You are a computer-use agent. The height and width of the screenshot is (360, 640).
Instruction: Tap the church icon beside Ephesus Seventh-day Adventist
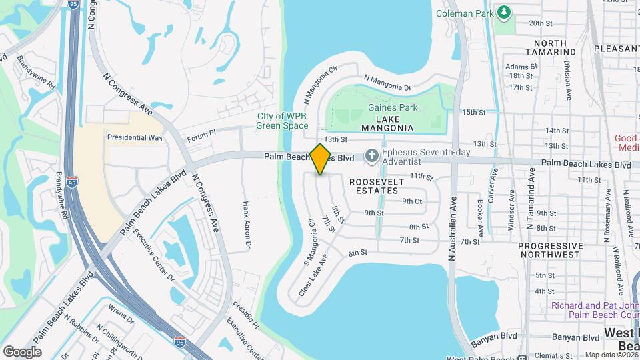pos(371,157)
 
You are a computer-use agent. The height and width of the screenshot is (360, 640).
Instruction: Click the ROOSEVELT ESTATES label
pos(374,185)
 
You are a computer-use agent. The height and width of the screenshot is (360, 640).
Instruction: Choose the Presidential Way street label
pos(135,137)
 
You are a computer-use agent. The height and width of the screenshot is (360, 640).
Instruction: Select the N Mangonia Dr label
pos(387,83)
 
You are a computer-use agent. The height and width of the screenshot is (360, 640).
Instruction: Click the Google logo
pos(22,351)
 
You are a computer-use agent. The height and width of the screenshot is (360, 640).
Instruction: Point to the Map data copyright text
pos(610,355)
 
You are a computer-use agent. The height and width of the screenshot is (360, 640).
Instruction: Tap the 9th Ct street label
pos(412,201)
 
